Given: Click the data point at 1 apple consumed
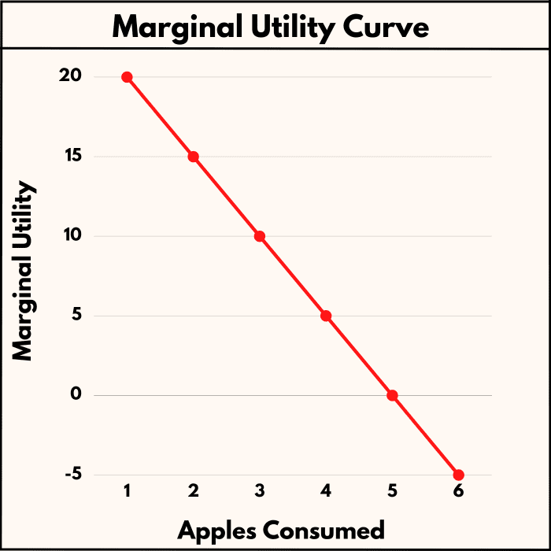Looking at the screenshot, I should (x=127, y=77).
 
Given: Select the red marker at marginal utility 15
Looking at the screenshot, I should (x=193, y=157).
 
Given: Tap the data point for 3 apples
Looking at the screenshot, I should (x=260, y=236).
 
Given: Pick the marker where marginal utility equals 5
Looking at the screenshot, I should (x=326, y=316).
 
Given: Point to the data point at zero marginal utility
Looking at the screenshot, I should (x=392, y=395).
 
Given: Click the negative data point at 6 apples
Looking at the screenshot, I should (x=459, y=475).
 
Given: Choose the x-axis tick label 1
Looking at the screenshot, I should (x=127, y=491).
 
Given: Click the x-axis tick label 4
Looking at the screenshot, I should (x=326, y=491).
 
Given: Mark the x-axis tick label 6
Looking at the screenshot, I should (x=459, y=491).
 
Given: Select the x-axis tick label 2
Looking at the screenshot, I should (x=193, y=491).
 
